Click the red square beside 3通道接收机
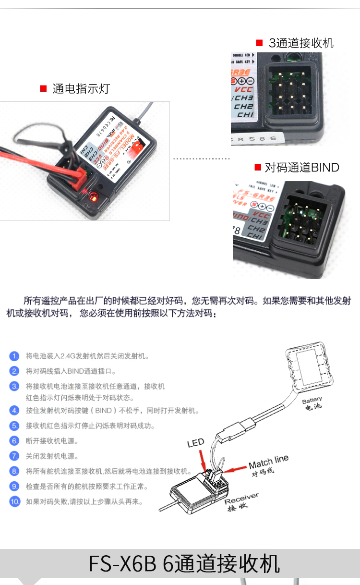click(259, 43)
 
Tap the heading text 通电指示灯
click(81, 88)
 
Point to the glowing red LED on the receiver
click(93, 196)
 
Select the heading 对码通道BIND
click(302, 168)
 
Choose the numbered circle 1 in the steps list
click(15, 356)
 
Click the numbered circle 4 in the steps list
click(15, 410)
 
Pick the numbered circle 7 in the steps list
click(15, 456)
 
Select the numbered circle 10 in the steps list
click(15, 501)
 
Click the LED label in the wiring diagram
click(195, 443)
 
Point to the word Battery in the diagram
click(312, 400)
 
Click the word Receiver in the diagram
click(241, 498)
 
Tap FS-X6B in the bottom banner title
click(122, 564)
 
